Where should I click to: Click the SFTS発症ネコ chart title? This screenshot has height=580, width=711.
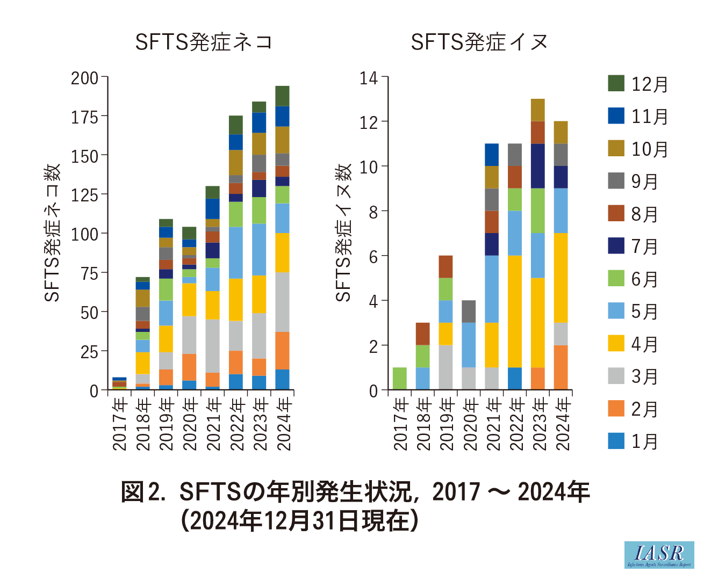204,42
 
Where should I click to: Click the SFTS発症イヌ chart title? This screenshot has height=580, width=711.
479,42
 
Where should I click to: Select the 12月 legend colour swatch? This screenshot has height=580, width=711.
616,83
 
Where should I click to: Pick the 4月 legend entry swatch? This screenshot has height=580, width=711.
616,343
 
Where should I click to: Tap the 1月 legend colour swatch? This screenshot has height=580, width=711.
616,441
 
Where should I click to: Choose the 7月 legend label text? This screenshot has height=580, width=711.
644,247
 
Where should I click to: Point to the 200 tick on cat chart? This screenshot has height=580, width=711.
85,78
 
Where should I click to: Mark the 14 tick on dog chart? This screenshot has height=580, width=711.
369,78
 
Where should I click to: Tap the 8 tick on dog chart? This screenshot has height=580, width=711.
373,212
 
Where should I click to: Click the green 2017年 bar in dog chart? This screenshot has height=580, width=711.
399,379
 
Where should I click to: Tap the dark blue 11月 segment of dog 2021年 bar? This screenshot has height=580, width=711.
492,155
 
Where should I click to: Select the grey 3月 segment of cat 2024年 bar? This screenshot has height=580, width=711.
283,302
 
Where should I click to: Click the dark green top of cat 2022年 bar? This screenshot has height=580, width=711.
236,125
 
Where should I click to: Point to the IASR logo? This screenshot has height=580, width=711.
659,554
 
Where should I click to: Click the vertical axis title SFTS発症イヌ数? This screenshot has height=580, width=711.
343,233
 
